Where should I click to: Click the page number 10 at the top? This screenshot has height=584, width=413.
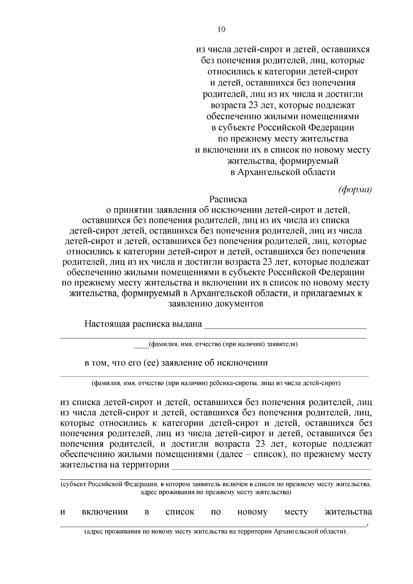tap(221, 30)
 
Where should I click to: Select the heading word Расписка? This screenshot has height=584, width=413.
tap(228, 199)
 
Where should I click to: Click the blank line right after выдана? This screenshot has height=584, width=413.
tap(285, 327)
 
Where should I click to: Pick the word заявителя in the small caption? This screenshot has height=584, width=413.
tap(282, 344)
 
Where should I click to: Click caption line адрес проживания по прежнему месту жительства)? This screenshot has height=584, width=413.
tap(216, 492)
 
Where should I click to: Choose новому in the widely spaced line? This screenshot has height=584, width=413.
tap(252, 512)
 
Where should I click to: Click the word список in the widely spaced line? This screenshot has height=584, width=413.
tap(180, 512)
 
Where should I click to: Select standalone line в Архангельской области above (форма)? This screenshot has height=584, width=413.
tap(283, 172)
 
